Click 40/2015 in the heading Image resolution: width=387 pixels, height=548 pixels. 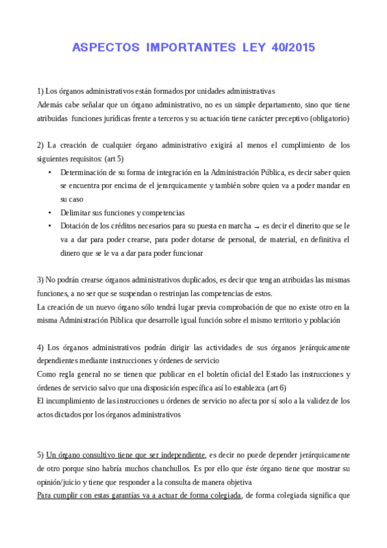click(x=293, y=48)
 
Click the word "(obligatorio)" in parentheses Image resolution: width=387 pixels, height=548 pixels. click(x=328, y=118)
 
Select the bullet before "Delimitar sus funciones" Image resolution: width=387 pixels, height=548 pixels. click(x=50, y=212)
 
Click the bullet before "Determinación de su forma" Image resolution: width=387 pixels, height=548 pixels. click(x=50, y=172)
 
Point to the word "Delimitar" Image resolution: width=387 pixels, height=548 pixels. click(x=76, y=212)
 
